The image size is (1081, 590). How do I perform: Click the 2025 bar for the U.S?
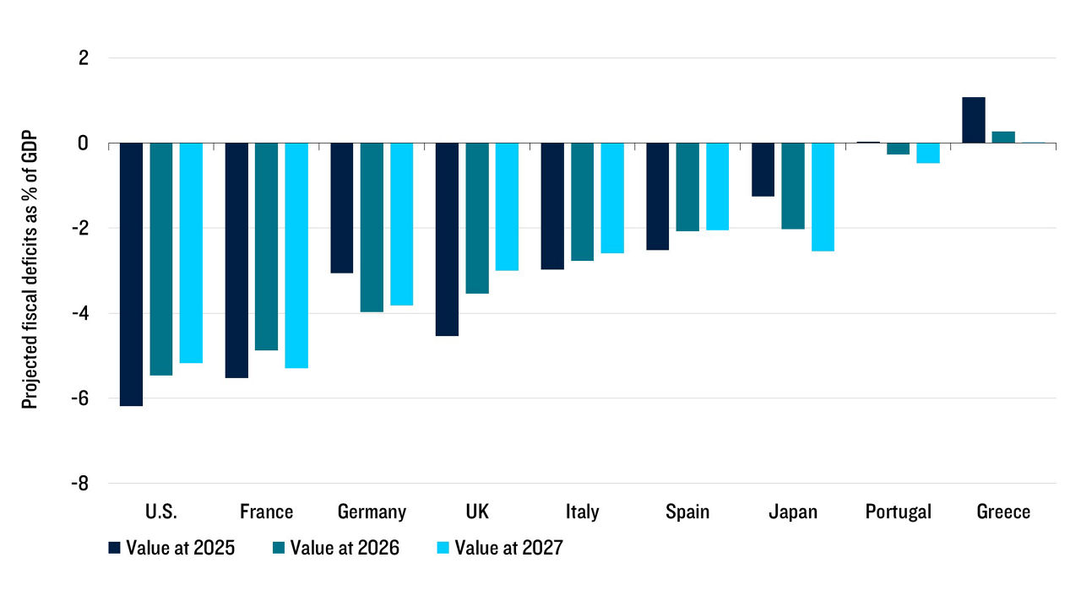[x=131, y=274]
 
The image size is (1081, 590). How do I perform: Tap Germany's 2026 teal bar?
[x=372, y=227]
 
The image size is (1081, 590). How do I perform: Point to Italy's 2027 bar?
[x=612, y=198]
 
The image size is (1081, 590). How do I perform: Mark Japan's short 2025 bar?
[x=763, y=170]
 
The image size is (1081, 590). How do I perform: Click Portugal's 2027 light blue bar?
[x=928, y=153]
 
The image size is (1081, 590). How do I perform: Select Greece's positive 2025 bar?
[x=973, y=120]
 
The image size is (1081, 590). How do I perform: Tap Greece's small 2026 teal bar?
[x=1003, y=137]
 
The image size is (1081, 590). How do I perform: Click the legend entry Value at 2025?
[x=171, y=548]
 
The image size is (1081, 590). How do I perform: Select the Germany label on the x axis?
[x=372, y=512]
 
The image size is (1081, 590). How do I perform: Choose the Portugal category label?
[x=898, y=512]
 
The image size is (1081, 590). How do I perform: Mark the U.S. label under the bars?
[x=160, y=512]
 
